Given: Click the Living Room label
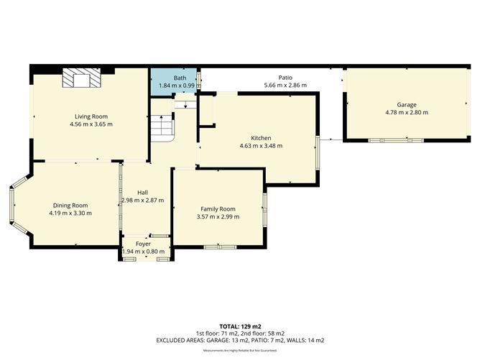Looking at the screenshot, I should (x=91, y=116).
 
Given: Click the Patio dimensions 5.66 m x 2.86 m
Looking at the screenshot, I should (x=285, y=86).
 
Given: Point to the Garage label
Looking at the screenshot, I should (x=406, y=104).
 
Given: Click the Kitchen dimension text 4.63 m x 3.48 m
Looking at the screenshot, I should (x=261, y=146).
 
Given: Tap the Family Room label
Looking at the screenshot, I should (x=218, y=208).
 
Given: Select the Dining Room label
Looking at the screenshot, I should (x=70, y=205).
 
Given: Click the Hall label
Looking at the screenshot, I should (x=142, y=192).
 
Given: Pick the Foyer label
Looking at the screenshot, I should (x=143, y=244).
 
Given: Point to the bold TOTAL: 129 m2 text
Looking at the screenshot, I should (x=240, y=326).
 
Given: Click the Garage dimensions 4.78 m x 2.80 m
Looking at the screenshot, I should (x=406, y=113).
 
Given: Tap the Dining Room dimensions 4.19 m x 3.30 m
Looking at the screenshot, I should (x=70, y=213).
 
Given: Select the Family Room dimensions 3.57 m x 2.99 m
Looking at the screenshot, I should (x=218, y=217).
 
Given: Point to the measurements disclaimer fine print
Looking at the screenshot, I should (x=240, y=350).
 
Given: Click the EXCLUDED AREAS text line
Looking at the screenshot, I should (x=240, y=340).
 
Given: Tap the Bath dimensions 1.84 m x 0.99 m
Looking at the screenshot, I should (x=173, y=86).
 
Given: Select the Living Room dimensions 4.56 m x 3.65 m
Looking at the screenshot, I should (x=91, y=124).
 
